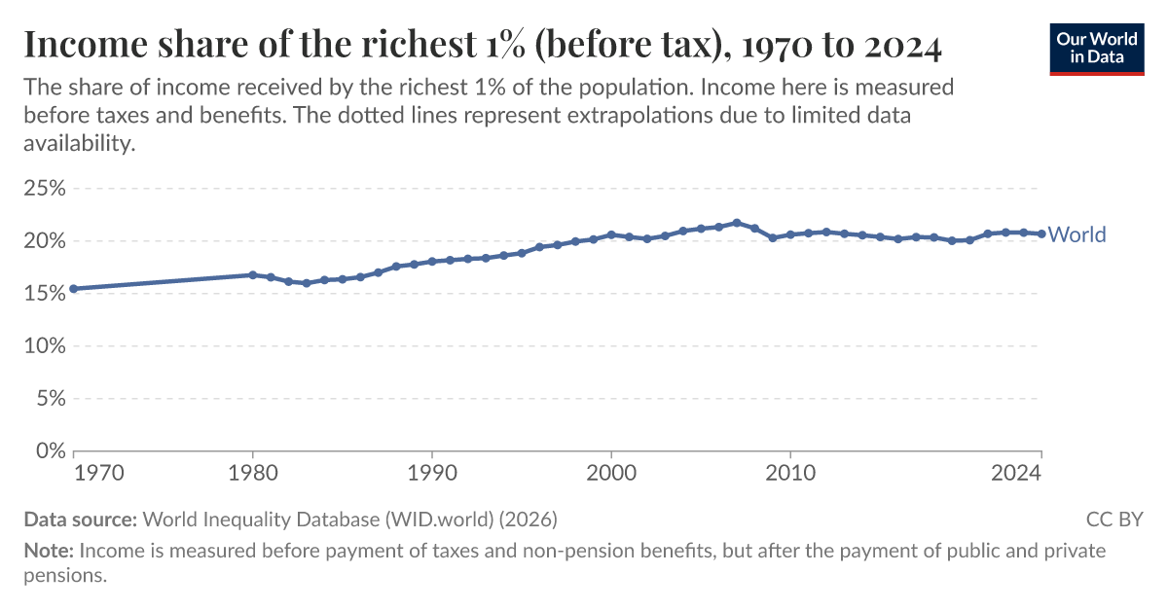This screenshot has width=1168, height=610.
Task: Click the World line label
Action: [1077, 234]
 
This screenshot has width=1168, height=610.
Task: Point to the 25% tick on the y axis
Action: [45, 188]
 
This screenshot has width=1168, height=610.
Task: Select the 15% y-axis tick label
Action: [45, 293]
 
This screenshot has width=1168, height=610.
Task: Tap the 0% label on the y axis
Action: [51, 450]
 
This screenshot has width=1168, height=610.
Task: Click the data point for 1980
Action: [253, 274]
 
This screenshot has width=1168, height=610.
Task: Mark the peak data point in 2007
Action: [737, 223]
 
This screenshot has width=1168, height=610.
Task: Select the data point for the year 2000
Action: [611, 234]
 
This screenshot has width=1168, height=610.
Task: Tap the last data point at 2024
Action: [1041, 233]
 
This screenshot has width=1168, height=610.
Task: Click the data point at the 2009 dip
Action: [773, 237]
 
